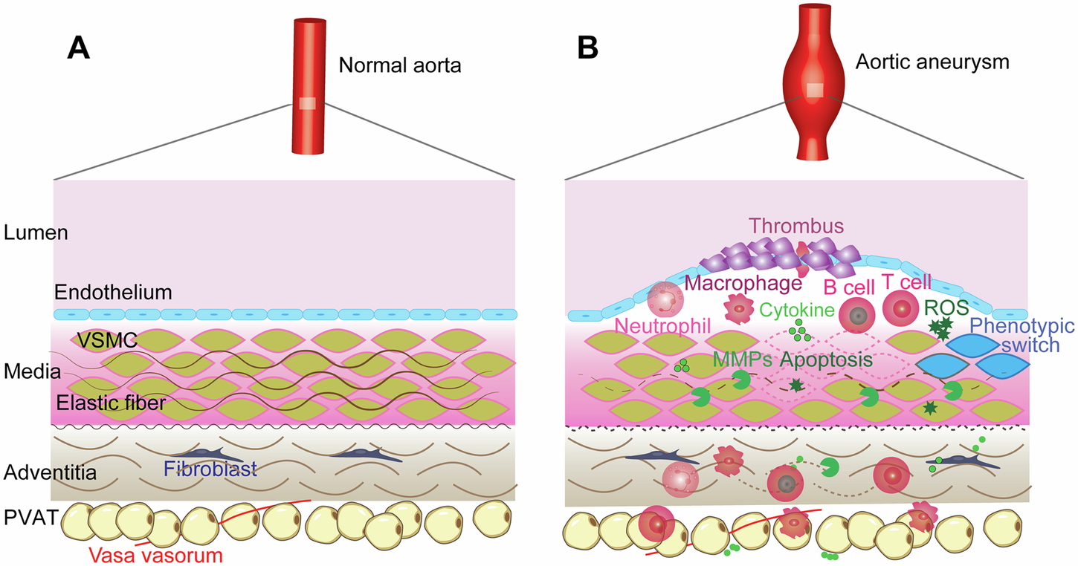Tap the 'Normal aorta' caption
click(x=400, y=65)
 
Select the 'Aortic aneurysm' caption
click(x=932, y=62)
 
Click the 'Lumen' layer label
click(x=36, y=232)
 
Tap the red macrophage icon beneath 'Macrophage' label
click(x=740, y=308)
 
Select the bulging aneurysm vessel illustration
click(x=816, y=85)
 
